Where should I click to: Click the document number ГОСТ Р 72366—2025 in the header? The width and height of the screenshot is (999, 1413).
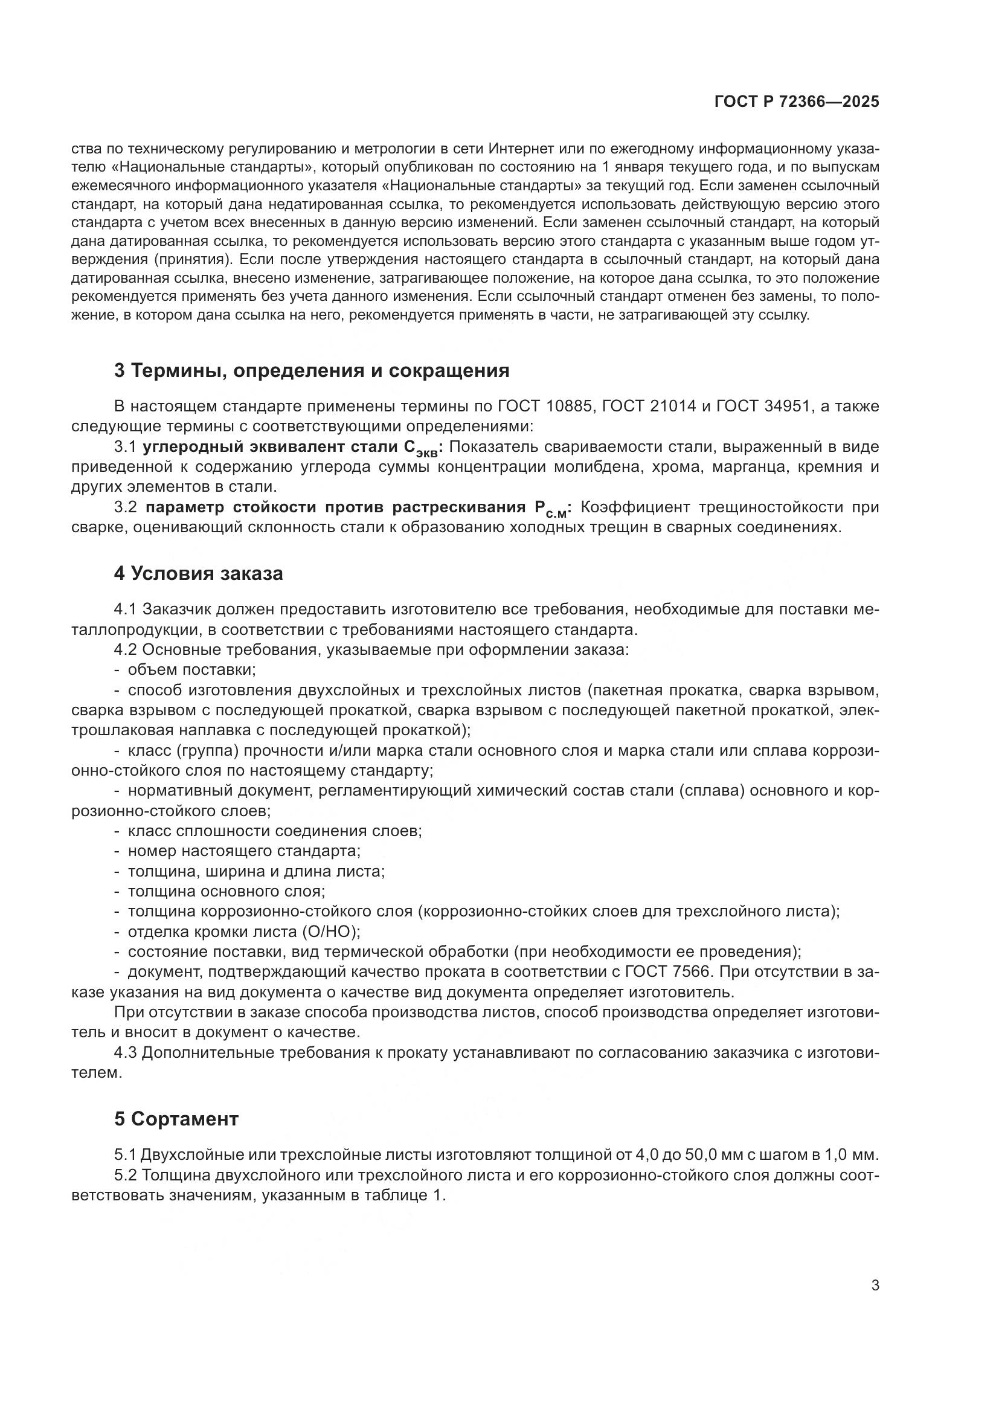pos(797,101)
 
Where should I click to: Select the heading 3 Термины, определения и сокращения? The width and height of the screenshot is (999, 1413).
pos(312,370)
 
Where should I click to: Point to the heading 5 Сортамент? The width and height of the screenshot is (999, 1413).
pos(176,1118)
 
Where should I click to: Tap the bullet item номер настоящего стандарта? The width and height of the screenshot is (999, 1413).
pos(243,851)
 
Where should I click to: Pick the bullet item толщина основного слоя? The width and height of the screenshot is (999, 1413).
pos(226,891)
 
